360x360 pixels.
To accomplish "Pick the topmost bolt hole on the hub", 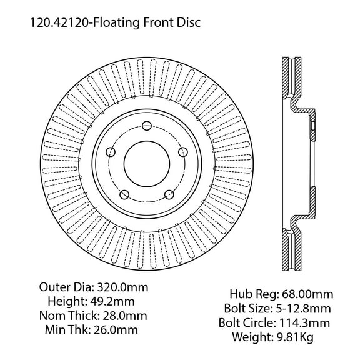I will (x=145, y=124).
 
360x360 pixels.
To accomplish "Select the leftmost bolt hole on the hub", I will (x=110, y=152).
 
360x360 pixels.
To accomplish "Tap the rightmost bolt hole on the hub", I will (x=182, y=152).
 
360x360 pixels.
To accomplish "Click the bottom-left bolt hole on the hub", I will (x=124, y=194).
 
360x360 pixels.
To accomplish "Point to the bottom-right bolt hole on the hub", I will (x=169, y=194).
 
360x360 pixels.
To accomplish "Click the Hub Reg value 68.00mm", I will (x=309, y=294).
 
